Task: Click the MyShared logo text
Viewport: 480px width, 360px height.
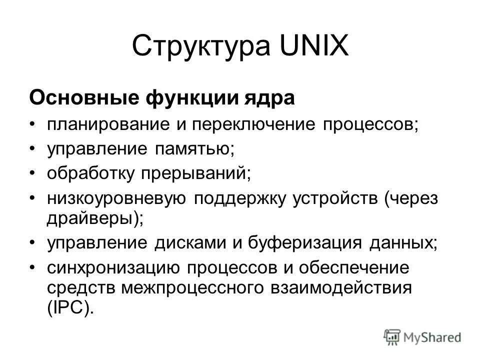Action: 430,337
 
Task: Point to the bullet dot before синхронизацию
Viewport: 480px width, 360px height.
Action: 32,268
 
